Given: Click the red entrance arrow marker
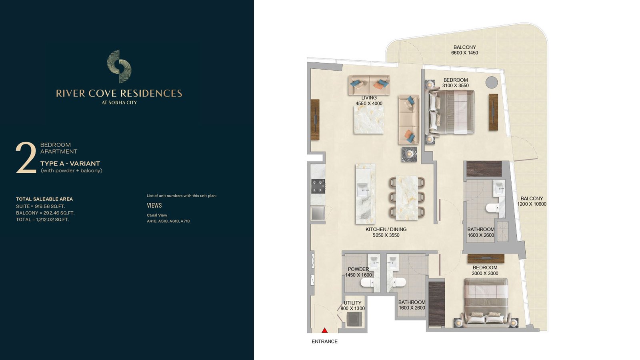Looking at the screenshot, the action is coord(324,330).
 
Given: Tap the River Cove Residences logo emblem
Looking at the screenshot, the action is coord(119,66).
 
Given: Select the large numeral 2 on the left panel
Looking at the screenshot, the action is coord(26,158).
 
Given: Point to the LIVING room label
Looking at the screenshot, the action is coord(369,98).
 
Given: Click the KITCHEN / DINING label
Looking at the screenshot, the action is coord(386,229).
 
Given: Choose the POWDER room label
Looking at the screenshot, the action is coord(358,269).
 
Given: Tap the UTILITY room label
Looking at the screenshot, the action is coord(352,303).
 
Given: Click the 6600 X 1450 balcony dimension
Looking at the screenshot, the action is coord(464,53).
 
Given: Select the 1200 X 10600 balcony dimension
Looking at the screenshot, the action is coord(532,204).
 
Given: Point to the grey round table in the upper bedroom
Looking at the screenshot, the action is coord(492,82).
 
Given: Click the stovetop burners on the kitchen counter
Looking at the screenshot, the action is coord(318,186).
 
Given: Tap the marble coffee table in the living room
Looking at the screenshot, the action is coord(369,120).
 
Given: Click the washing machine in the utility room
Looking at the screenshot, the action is coord(354,319).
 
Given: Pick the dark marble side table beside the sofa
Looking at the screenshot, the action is coord(409,154).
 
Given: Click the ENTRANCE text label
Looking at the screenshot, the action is coord(324,342).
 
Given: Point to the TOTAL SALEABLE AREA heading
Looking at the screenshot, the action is coord(44,199).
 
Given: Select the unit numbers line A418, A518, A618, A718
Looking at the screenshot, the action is coord(168,221).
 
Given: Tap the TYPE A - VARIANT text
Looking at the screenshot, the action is coord(70,164).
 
